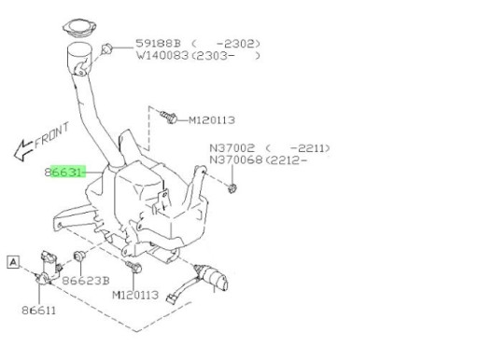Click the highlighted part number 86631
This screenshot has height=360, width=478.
pos(63,172)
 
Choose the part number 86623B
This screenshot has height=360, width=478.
pos(90,278)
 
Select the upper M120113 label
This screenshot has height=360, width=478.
pos(214,119)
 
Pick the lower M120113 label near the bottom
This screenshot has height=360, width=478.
pos(136,295)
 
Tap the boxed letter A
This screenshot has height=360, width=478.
pos(13,262)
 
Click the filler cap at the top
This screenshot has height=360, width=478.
pos(81,27)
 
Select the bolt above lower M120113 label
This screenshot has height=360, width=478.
pos(135,270)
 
